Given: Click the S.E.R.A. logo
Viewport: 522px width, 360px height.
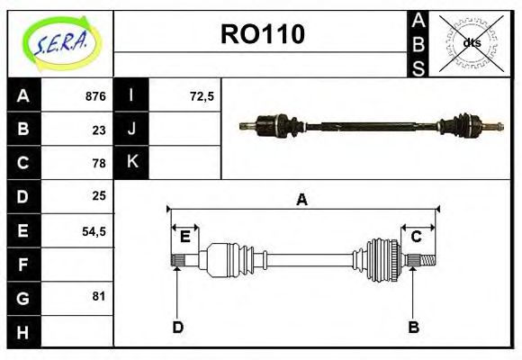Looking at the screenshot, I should (x=60, y=42).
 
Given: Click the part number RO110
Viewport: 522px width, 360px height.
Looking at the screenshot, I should (x=263, y=34).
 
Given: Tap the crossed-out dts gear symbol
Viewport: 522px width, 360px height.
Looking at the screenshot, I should (x=471, y=42).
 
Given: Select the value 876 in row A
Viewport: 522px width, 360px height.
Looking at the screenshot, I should (x=95, y=96).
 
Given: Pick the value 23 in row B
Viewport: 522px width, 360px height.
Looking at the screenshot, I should (x=99, y=130).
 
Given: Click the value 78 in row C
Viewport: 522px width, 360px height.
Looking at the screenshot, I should (x=99, y=163).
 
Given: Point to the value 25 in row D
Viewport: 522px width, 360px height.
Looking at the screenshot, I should (x=99, y=195).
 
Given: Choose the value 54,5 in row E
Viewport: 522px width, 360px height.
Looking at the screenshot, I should (x=94, y=230).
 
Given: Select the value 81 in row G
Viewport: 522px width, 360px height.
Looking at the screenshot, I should (x=99, y=296).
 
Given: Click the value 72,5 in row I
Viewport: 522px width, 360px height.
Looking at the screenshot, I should (x=202, y=96).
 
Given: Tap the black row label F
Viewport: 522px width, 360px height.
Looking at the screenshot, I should (x=22, y=264).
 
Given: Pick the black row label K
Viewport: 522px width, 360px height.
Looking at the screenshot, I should (x=131, y=162).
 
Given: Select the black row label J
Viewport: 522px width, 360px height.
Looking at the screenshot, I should (x=131, y=129).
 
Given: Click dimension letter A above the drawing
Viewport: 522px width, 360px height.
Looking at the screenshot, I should (x=301, y=200).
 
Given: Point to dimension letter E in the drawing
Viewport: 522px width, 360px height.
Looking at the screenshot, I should (x=184, y=237).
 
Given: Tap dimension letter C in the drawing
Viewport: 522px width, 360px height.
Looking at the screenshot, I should (x=417, y=237).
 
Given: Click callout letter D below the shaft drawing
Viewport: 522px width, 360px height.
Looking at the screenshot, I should (x=177, y=327).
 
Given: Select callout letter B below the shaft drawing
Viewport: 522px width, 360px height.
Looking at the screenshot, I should (x=414, y=327).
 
